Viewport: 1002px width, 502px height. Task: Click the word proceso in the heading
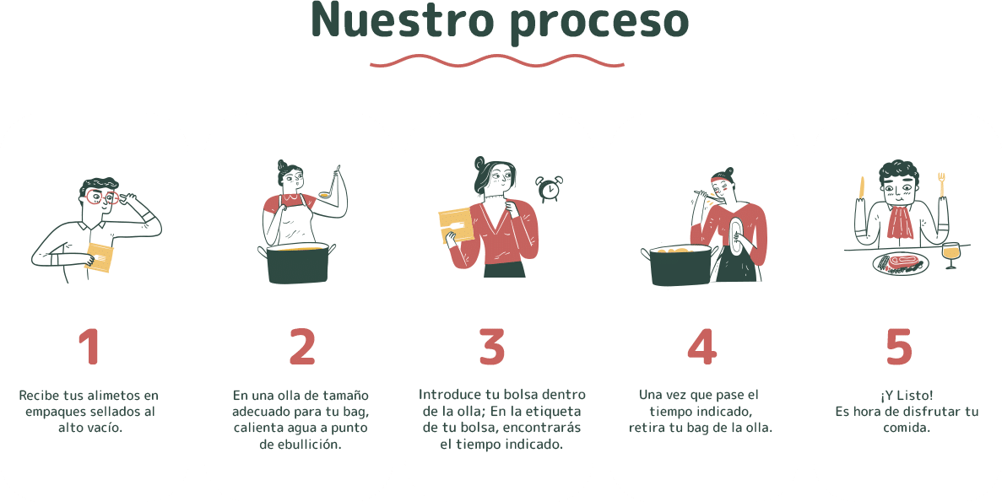tap(599, 24)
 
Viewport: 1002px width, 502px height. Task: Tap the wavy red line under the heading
tap(497, 62)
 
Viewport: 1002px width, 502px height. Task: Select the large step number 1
tap(89, 347)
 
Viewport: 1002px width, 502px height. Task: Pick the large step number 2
tap(302, 347)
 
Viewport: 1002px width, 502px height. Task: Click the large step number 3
tap(492, 347)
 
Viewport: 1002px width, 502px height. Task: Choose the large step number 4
tap(701, 347)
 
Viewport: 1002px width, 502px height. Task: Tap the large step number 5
tap(898, 347)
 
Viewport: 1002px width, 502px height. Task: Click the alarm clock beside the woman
tap(549, 188)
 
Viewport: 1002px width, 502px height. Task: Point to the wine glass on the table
tap(951, 255)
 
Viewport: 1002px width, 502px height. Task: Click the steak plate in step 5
tap(900, 263)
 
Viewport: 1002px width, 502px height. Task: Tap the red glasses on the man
tap(101, 198)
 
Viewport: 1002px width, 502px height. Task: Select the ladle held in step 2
tap(330, 182)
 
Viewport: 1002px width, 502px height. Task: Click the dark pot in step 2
tap(298, 263)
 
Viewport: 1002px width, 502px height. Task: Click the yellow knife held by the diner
tap(862, 187)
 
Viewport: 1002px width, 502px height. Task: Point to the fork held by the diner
tap(941, 185)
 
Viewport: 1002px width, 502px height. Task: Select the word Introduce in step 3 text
tap(450, 395)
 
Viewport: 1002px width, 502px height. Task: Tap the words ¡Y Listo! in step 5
tap(906, 396)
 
